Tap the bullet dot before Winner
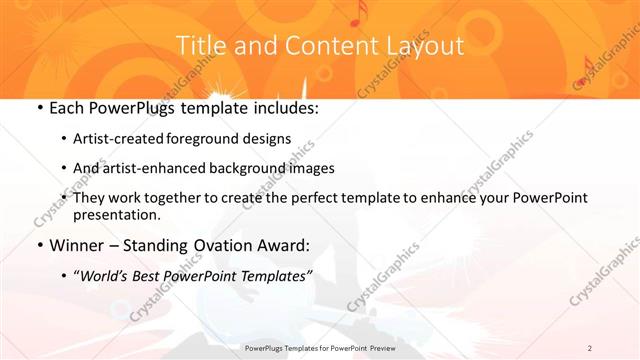click(38, 245)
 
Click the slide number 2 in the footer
click(590, 348)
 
